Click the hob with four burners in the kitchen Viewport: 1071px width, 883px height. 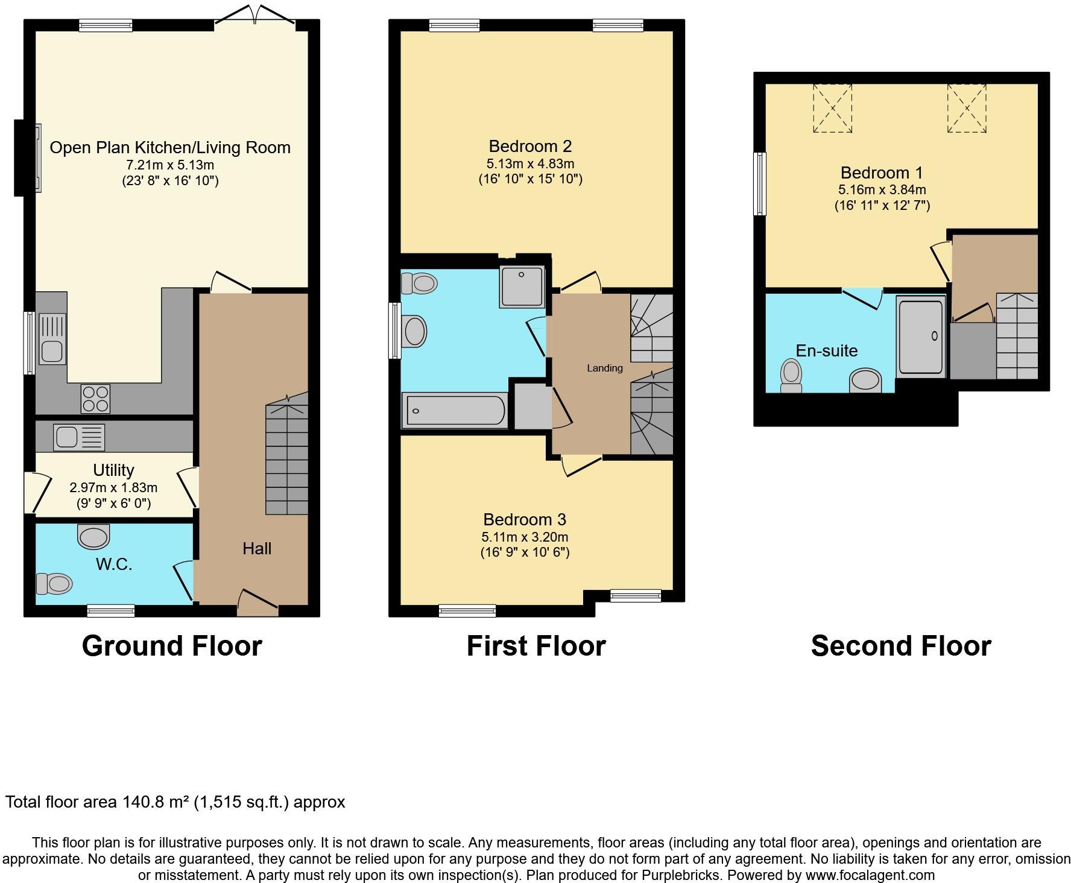[x=95, y=399]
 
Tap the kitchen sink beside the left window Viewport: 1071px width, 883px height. [x=52, y=338]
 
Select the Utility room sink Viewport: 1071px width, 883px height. [x=79, y=437]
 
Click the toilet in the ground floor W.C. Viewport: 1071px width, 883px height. [x=54, y=583]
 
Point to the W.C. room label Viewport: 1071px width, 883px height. [x=114, y=565]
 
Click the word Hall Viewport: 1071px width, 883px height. [x=257, y=548]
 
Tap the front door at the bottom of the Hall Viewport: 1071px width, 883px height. [x=258, y=603]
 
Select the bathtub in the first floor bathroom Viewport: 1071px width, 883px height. [x=453, y=411]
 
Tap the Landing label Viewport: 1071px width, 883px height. [x=604, y=368]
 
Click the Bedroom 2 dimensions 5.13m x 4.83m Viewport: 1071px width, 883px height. [x=530, y=163]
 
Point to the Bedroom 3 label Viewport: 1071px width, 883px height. [x=525, y=519]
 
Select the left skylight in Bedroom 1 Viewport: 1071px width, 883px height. [x=832, y=108]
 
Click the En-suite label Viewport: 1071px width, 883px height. [x=826, y=350]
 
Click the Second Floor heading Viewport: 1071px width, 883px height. [x=900, y=646]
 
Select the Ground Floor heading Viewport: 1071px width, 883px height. [x=172, y=646]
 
